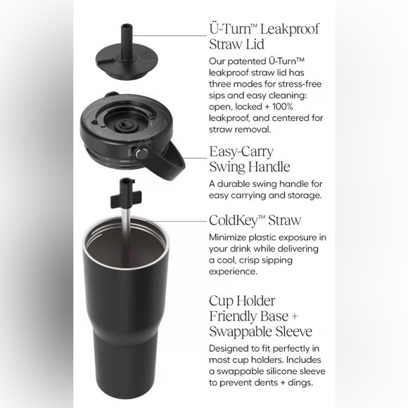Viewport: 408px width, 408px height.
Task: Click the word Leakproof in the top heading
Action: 290,29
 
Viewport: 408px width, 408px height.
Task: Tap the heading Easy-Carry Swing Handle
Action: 250,159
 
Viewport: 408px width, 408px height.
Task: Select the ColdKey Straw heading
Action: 255,220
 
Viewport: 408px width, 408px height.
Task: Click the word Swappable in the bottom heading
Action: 241,332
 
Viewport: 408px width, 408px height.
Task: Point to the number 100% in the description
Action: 283,107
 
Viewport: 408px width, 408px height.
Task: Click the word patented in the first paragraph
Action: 246,62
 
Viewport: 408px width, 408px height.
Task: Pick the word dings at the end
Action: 301,383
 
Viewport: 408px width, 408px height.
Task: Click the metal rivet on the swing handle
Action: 141,153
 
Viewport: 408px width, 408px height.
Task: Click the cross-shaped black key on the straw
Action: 126,199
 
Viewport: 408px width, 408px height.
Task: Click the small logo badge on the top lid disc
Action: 144,56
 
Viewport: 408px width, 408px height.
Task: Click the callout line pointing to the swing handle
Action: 195,158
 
